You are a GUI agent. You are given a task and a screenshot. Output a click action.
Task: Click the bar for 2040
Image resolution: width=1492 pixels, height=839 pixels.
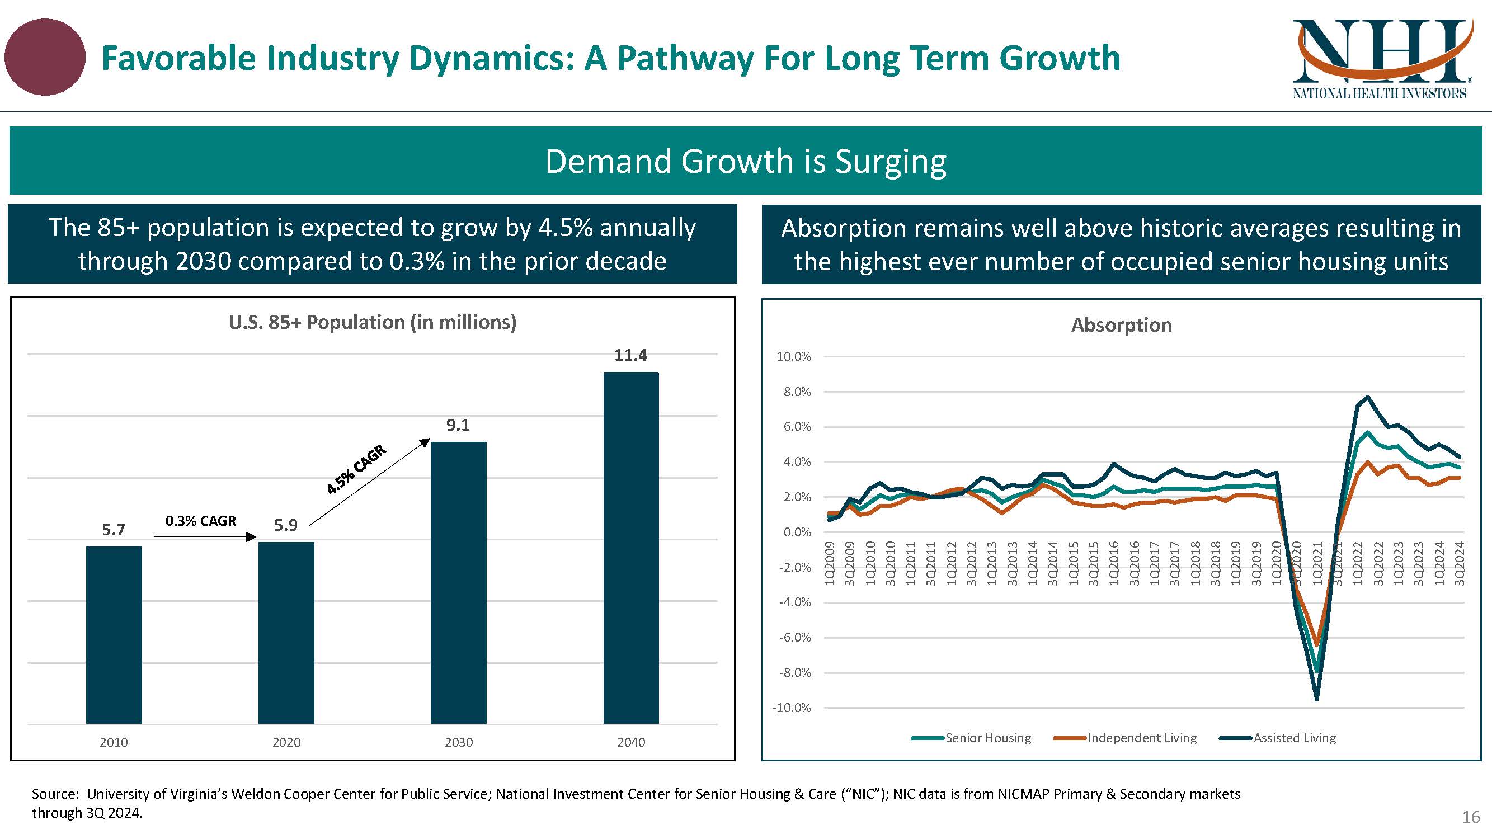(x=630, y=547)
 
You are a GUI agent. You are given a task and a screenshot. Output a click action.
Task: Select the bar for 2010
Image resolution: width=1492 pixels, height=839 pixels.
(x=114, y=635)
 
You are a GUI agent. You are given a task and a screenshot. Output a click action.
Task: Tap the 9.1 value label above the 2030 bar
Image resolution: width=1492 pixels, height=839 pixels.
(x=458, y=425)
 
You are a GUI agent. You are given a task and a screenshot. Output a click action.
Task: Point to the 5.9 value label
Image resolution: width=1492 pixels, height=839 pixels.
(x=285, y=525)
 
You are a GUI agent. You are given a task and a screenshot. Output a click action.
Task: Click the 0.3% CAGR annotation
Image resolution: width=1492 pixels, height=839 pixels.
(x=200, y=521)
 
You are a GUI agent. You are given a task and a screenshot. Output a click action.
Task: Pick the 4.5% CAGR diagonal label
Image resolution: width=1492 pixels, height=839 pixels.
(x=356, y=469)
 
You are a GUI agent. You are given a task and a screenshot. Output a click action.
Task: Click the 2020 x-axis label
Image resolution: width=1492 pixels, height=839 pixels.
(x=286, y=742)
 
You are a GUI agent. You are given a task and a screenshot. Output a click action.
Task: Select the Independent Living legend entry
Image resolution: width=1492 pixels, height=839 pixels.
(x=1142, y=738)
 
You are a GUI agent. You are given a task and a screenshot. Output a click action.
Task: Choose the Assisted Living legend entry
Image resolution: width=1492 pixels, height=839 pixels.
(x=1295, y=738)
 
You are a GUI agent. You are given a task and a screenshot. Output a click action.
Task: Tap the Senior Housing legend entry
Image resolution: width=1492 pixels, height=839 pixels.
(x=987, y=738)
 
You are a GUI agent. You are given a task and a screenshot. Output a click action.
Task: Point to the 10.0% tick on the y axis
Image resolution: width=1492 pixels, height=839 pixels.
(x=793, y=357)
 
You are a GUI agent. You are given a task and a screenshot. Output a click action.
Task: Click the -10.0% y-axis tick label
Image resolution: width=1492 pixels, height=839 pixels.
(x=791, y=708)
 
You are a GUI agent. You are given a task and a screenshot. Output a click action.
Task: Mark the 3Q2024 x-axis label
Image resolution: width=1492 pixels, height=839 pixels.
(x=1460, y=563)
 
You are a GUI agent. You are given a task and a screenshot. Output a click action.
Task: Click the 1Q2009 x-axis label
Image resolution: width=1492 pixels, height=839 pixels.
(x=830, y=563)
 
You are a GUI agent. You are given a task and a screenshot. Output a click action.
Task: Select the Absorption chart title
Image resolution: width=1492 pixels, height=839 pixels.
(x=1121, y=325)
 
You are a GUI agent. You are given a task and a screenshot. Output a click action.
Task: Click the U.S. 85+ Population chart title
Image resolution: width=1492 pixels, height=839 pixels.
(x=373, y=322)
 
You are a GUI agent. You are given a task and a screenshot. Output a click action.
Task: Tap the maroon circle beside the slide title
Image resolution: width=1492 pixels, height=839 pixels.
(x=45, y=56)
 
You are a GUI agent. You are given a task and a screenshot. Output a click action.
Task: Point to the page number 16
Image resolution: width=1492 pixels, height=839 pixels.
(x=1471, y=817)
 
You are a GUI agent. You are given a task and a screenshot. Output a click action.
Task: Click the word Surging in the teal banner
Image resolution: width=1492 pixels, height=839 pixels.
(x=890, y=161)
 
